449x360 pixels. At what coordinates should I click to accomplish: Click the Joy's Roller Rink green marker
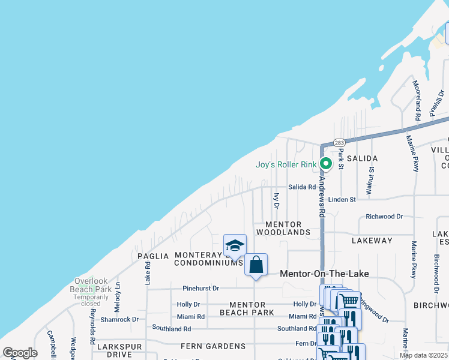click(325, 163)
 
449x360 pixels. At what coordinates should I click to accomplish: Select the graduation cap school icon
click(234, 245)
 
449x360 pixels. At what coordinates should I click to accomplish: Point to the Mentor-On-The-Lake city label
click(324, 274)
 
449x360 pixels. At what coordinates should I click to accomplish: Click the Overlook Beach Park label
click(93, 285)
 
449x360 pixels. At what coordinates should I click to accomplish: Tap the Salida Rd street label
click(302, 187)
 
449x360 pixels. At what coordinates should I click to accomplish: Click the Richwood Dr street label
click(384, 216)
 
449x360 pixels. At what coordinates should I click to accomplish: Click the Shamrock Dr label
click(119, 320)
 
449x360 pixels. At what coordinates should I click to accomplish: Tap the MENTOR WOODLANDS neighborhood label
click(283, 228)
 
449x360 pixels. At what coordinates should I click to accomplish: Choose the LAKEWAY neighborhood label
click(372, 241)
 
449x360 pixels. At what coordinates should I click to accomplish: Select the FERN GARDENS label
click(213, 346)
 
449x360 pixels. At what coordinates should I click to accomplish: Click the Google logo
click(20, 353)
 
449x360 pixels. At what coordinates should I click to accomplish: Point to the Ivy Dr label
click(277, 200)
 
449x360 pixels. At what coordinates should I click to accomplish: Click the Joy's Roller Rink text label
click(286, 164)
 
